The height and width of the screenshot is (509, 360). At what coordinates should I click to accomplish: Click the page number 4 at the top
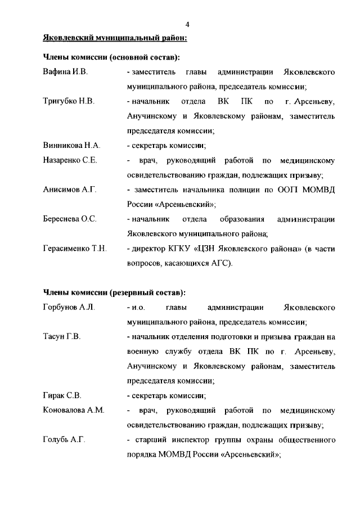(x=187, y=24)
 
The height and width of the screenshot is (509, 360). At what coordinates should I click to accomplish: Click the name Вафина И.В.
(x=65, y=73)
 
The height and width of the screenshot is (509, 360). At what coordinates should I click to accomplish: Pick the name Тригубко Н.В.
(x=68, y=102)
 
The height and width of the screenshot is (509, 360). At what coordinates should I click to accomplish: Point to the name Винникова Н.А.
(x=71, y=145)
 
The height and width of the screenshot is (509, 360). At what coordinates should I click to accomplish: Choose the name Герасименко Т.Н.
(x=75, y=248)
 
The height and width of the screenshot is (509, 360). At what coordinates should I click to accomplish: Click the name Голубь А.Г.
(x=64, y=439)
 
